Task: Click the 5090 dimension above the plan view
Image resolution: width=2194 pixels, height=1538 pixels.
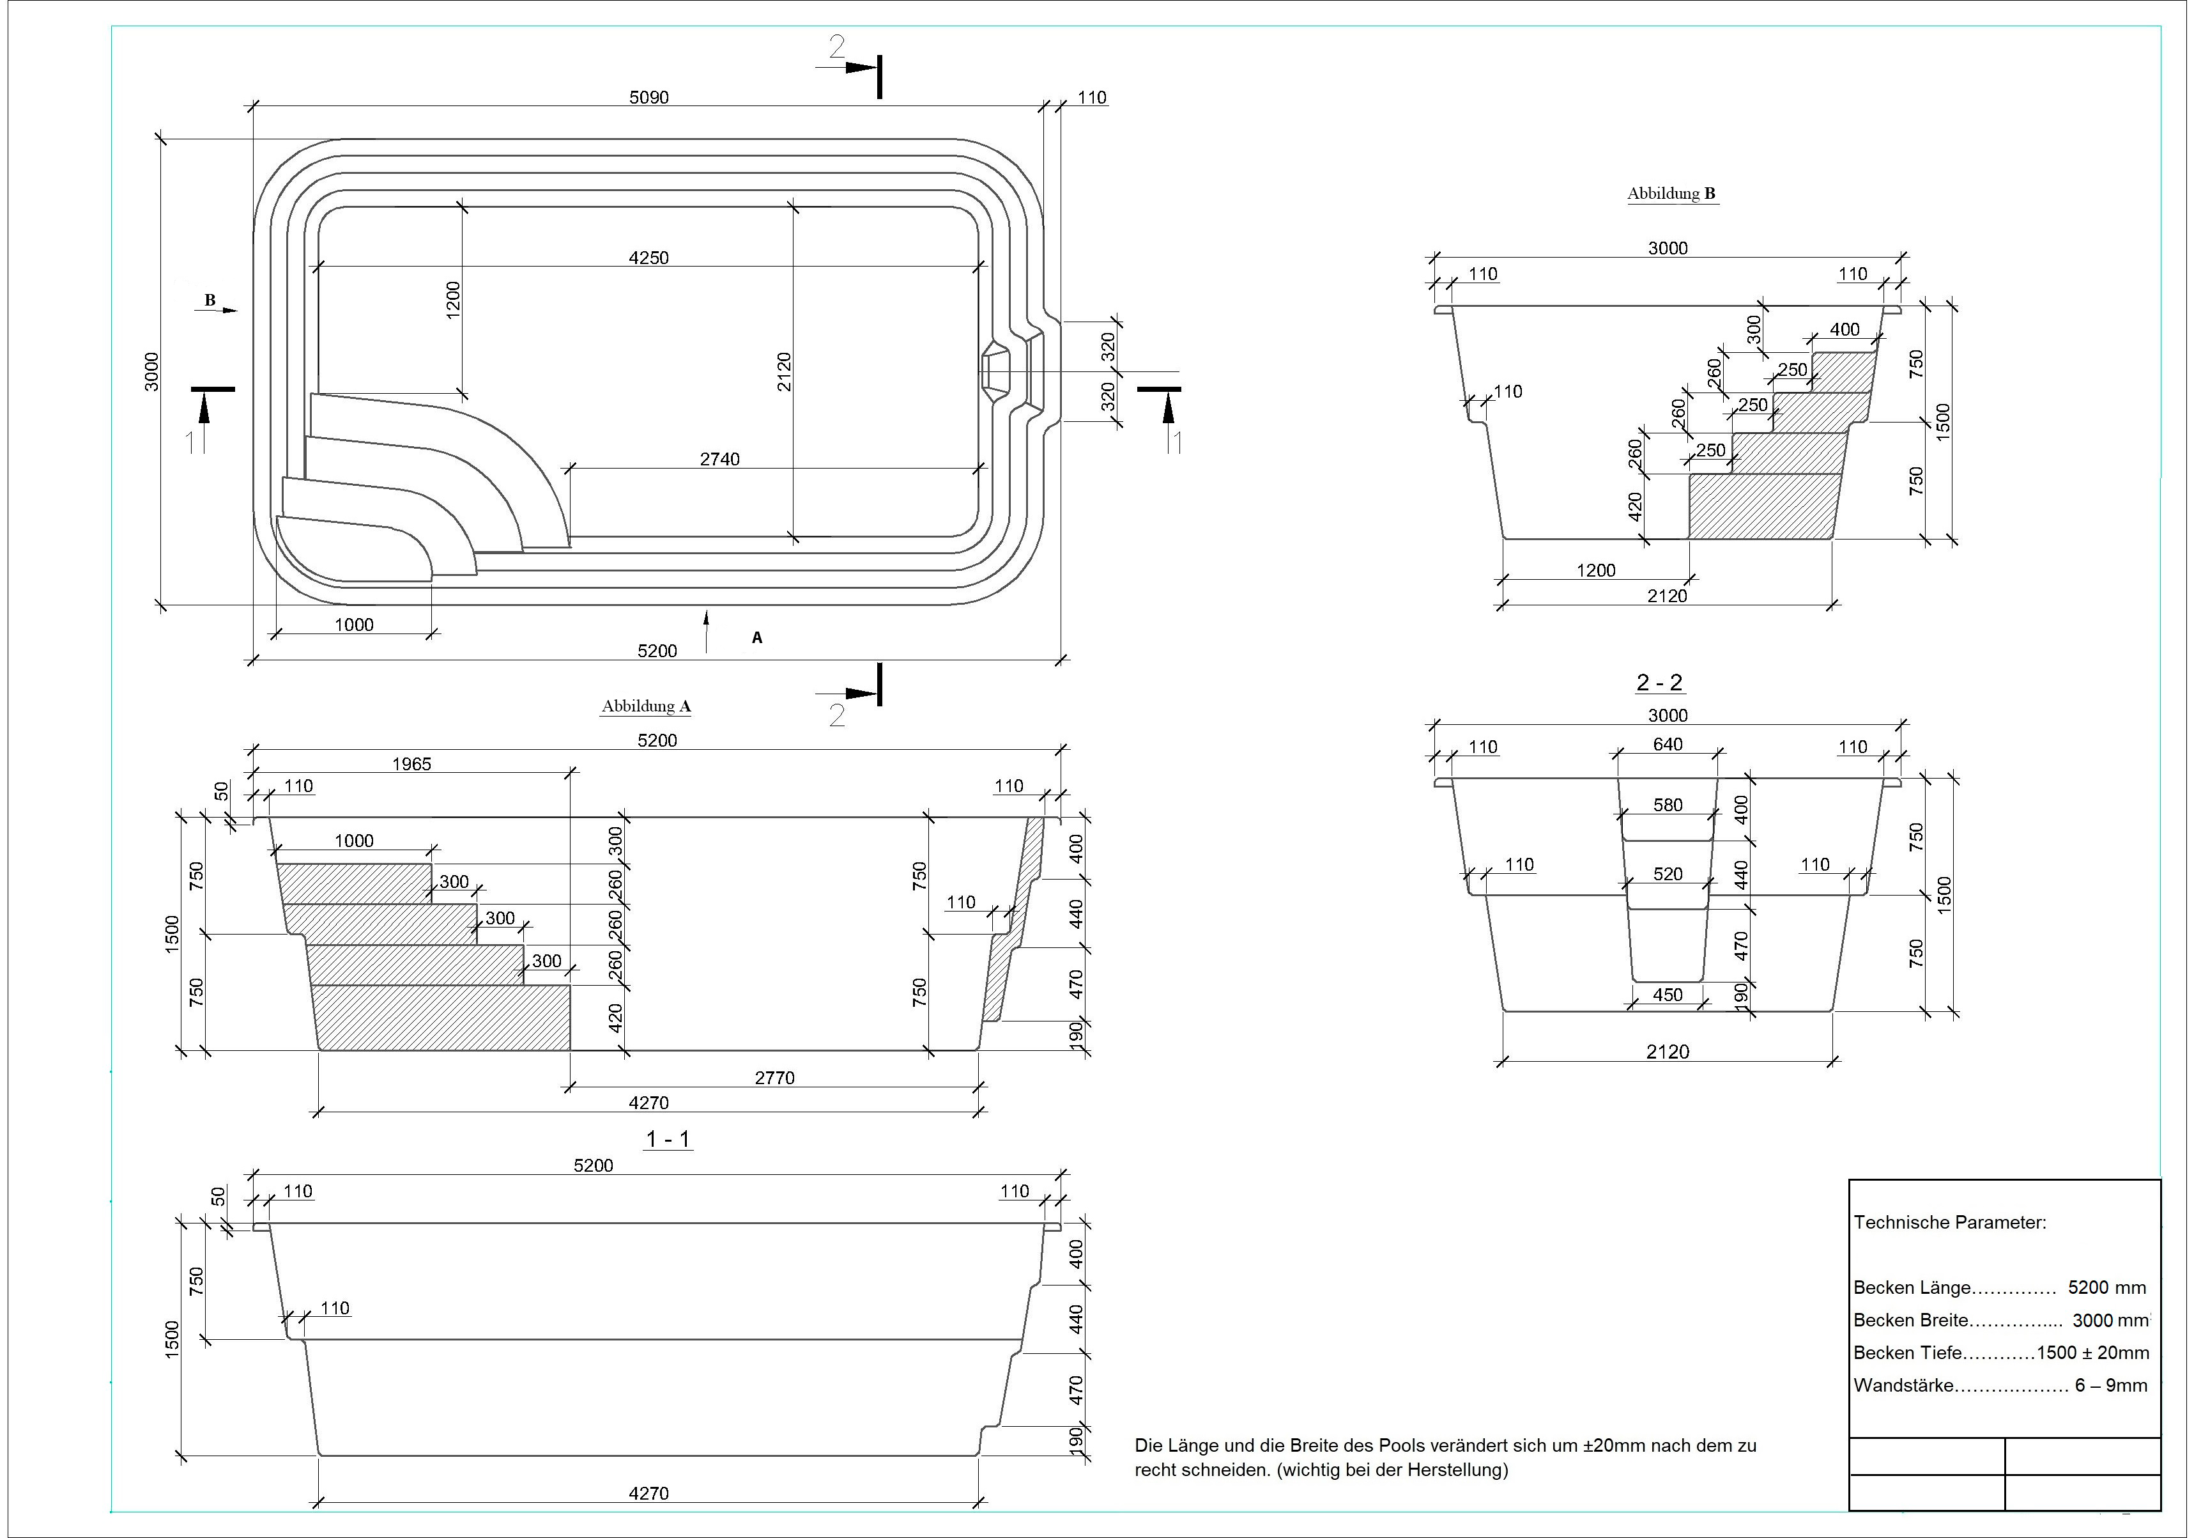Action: (x=649, y=98)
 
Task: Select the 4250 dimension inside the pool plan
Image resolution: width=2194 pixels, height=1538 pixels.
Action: (x=649, y=258)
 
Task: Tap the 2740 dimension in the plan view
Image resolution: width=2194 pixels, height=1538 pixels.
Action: (x=719, y=460)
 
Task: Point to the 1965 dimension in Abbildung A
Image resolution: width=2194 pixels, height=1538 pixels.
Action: (x=412, y=765)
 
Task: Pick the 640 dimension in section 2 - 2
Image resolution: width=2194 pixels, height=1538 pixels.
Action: (x=1668, y=745)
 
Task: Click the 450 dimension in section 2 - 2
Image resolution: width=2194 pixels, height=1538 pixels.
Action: (x=1668, y=995)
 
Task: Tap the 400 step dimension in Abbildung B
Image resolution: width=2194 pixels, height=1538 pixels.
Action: (x=1845, y=330)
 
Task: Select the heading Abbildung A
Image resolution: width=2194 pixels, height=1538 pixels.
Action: (x=646, y=706)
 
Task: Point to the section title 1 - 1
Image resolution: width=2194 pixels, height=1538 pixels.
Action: (x=668, y=1139)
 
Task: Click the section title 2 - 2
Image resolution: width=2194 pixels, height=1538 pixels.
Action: (x=1660, y=683)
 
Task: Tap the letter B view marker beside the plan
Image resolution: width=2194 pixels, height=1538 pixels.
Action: (x=210, y=301)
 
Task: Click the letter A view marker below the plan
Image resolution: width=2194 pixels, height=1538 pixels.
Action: (x=757, y=637)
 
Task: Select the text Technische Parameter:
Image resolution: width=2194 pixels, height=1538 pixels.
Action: (x=1951, y=1223)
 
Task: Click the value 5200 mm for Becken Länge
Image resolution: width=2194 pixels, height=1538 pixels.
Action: (x=2107, y=1287)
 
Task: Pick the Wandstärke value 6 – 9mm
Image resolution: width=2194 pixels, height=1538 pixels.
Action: (x=2111, y=1385)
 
